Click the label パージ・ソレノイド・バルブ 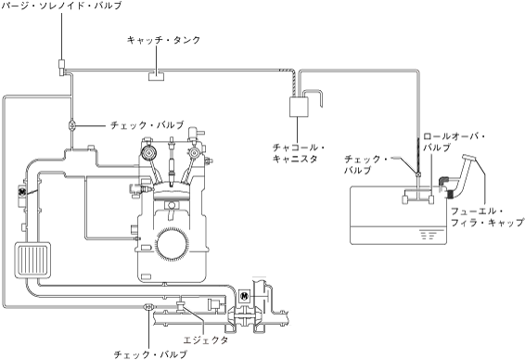coord(61,6)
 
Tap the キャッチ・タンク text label coord(164,40)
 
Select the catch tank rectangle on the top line coord(157,76)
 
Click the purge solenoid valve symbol coord(61,68)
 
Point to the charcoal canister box coord(299,107)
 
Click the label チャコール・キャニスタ coord(299,153)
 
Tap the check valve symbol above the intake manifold coord(71,125)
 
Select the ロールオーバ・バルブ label coord(454,142)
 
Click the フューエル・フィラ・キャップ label coord(487,217)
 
